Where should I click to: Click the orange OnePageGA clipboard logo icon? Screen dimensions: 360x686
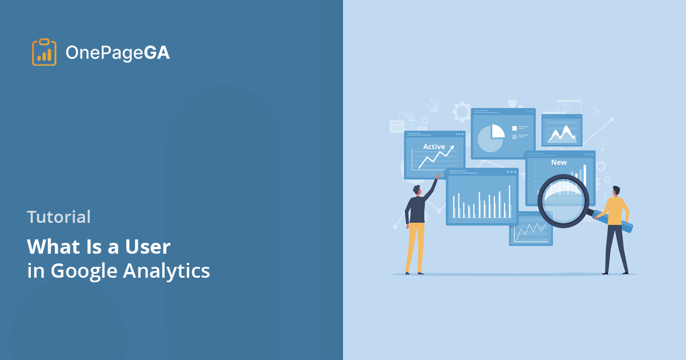44,53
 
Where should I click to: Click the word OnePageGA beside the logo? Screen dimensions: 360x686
117,53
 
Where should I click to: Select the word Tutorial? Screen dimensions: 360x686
59,217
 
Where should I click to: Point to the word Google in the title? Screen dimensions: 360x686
85,271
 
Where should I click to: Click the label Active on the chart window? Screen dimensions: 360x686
434,147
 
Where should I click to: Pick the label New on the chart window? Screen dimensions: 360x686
559,162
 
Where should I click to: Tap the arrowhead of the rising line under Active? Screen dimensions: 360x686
452,147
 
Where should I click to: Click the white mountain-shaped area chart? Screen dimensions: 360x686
561,134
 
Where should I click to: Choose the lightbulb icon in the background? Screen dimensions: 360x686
603,143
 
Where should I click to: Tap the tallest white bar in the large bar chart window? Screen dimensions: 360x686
509,201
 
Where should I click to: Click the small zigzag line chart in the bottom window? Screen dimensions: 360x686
531,230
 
